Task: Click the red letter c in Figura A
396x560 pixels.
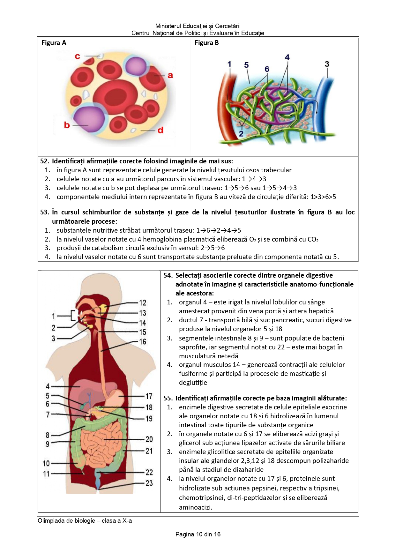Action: (77, 56)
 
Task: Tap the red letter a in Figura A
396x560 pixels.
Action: (170, 75)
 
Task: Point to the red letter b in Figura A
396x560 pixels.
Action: (67, 125)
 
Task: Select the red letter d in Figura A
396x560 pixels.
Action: (160, 130)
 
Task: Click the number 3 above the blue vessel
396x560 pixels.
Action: (327, 64)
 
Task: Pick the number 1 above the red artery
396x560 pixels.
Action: (229, 64)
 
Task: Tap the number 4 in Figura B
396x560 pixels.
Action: (287, 57)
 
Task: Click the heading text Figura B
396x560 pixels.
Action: (206, 43)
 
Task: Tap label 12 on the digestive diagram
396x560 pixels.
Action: (142, 302)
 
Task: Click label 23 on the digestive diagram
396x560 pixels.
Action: (149, 483)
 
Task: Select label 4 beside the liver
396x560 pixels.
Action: (48, 386)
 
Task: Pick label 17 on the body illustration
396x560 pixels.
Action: (149, 396)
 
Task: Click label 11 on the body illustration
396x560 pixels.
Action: (47, 474)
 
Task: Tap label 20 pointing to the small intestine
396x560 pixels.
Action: (149, 439)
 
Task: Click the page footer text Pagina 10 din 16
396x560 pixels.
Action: (198, 534)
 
